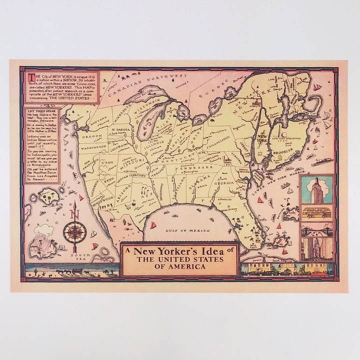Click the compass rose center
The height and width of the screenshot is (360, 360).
(x=74, y=232)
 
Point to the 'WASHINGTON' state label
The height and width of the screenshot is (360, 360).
(x=94, y=147)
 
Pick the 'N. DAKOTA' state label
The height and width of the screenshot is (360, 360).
(x=119, y=129)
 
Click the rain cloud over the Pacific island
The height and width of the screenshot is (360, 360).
(x=44, y=229)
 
